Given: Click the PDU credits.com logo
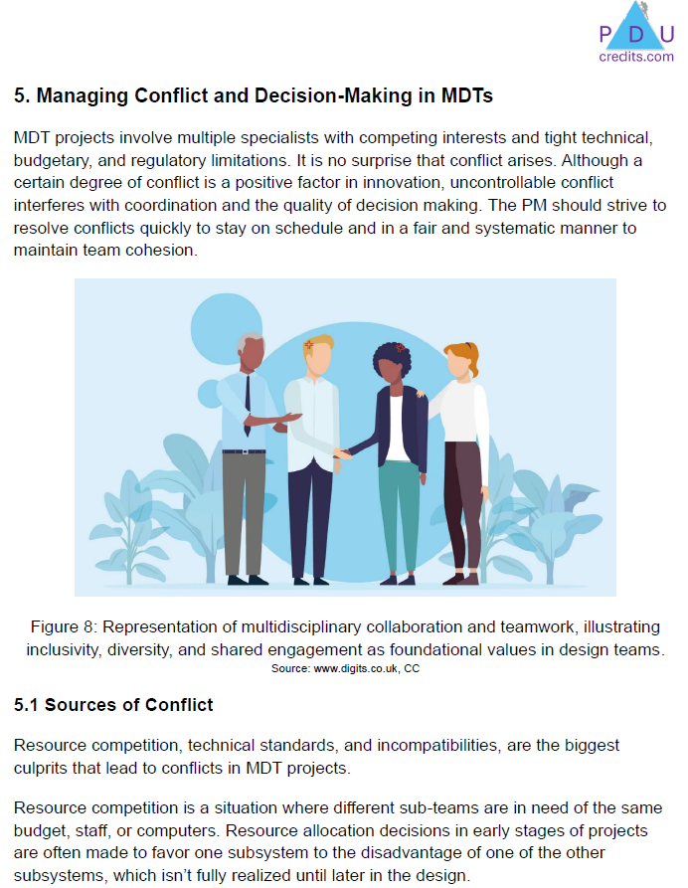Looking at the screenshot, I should pos(636,35).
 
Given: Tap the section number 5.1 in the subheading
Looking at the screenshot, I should pos(26,705).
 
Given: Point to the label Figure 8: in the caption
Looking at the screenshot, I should pos(63,627).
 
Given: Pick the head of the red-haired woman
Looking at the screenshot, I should pos(459,362).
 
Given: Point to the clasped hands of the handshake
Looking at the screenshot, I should pos(341,453).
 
